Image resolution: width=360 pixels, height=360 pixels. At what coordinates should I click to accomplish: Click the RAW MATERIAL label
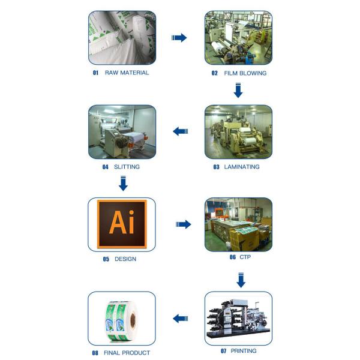[x=127, y=73]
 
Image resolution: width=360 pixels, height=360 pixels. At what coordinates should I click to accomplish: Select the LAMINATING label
[x=242, y=167]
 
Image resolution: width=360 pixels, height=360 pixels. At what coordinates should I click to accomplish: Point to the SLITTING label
[x=126, y=167]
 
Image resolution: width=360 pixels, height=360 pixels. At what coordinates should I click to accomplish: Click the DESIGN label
[x=125, y=259]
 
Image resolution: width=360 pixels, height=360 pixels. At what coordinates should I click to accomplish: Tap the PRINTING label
[x=243, y=350]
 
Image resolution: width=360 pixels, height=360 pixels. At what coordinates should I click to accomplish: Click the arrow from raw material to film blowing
[x=179, y=38]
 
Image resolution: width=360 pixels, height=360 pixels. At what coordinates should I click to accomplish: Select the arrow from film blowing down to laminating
[x=238, y=91]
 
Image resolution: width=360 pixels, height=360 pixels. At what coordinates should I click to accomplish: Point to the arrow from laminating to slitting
[x=181, y=131]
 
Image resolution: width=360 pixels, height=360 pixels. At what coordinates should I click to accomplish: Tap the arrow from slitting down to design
[x=123, y=184]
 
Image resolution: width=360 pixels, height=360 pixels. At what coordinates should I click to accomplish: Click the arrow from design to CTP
[x=183, y=224]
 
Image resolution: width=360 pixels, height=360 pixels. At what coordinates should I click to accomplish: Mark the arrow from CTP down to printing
[x=241, y=280]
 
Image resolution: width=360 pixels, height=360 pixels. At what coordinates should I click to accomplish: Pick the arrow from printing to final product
[x=181, y=318]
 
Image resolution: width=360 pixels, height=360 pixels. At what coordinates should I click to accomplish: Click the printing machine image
[x=238, y=318]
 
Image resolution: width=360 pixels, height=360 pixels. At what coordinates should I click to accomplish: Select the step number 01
[x=95, y=73]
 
